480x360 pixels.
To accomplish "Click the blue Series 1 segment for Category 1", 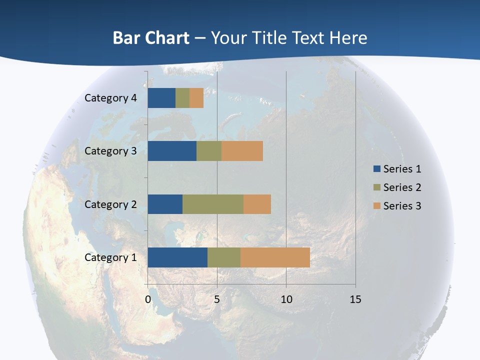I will click(177, 257).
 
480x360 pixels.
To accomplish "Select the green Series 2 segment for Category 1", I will click(224, 257).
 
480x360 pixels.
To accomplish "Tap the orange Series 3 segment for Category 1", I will click(275, 257).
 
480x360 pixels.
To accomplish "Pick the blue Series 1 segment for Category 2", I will click(165, 204).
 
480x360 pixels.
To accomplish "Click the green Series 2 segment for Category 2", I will click(213, 204).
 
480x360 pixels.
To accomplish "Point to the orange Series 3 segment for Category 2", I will click(257, 204).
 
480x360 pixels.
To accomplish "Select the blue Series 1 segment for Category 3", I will click(172, 151).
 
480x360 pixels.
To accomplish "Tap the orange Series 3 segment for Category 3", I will click(242, 151).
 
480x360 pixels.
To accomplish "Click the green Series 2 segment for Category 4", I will click(182, 98).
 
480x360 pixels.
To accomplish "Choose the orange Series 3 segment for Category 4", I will click(196, 98).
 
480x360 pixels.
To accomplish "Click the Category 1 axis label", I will click(110, 257).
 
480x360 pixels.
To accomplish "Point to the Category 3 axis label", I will click(110, 151).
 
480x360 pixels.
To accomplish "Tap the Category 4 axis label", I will click(110, 98).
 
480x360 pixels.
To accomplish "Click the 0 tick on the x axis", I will click(148, 300).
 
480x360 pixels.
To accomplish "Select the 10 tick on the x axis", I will click(286, 300).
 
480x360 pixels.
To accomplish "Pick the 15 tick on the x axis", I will click(355, 300).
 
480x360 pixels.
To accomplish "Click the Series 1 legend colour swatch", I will click(377, 169).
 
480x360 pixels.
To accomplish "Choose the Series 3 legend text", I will click(402, 205).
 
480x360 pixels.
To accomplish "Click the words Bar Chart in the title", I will click(151, 38).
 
